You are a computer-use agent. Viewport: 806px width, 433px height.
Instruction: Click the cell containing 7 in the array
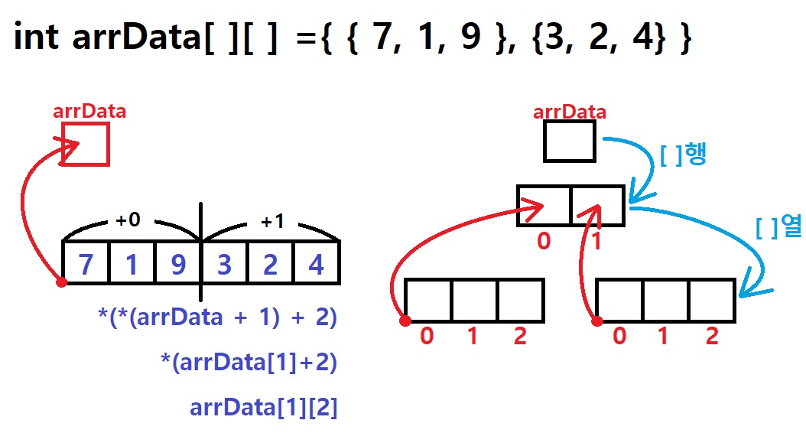tap(86, 264)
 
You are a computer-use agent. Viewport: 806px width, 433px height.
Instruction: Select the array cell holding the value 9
tap(177, 264)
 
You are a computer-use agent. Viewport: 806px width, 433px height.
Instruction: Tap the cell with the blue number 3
tap(223, 264)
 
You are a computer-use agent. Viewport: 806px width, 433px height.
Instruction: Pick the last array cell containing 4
tap(316, 264)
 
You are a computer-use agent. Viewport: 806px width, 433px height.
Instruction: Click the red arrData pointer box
tap(85, 144)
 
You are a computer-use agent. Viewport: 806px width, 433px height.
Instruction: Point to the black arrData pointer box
tap(569, 141)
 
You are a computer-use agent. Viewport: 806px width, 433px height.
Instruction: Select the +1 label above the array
tap(271, 221)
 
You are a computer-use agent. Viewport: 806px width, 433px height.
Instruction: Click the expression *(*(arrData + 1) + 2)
tap(218, 317)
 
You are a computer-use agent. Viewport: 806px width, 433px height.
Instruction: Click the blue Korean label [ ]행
tap(682, 155)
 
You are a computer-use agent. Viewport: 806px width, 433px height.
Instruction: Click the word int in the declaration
tap(37, 37)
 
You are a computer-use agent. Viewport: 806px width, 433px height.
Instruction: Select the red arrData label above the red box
tap(89, 111)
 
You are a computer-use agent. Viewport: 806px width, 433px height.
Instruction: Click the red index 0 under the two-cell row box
tap(544, 242)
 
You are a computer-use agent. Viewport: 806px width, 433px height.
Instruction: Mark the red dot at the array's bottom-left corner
tap(62, 282)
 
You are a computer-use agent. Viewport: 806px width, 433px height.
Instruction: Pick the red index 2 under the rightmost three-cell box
tap(712, 337)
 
